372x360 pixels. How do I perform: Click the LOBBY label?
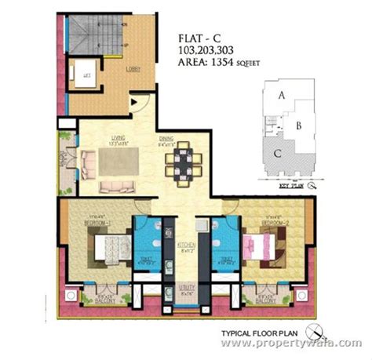point(134,69)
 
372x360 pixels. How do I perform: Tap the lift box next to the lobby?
point(83,75)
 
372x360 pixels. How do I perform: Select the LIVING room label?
point(117,140)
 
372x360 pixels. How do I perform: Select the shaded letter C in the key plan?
point(279,153)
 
